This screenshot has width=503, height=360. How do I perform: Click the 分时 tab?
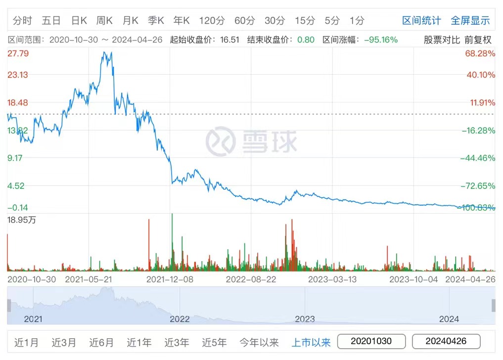pos(22,20)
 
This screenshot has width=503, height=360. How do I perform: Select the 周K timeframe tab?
pos(104,20)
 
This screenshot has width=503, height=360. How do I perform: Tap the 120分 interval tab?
pos(212,20)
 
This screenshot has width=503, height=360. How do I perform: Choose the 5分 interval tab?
pos(332,20)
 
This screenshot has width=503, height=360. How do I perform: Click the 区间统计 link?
pos(421,20)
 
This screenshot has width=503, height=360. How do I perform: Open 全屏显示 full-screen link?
pos(470,20)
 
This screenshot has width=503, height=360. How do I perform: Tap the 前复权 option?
pos(478,40)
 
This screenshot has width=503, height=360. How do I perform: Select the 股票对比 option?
pos(442,40)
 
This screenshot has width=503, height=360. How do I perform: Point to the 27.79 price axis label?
pos(17,53)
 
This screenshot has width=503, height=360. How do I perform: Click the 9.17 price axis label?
pos(17,158)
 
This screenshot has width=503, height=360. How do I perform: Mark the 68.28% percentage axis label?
pos(480,53)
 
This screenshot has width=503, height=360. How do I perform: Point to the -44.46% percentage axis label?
pos(477,158)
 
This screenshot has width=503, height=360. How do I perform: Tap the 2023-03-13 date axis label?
pos(332,279)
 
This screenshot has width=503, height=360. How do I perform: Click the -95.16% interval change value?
pos(381,40)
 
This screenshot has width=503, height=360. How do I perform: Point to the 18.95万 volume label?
pos(21,221)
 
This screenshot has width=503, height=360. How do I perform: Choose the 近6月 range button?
pos(101,342)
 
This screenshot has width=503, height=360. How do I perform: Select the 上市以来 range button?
pos(311,342)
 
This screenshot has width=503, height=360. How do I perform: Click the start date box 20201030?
pos(371,341)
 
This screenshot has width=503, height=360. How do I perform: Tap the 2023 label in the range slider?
pos(305,319)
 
